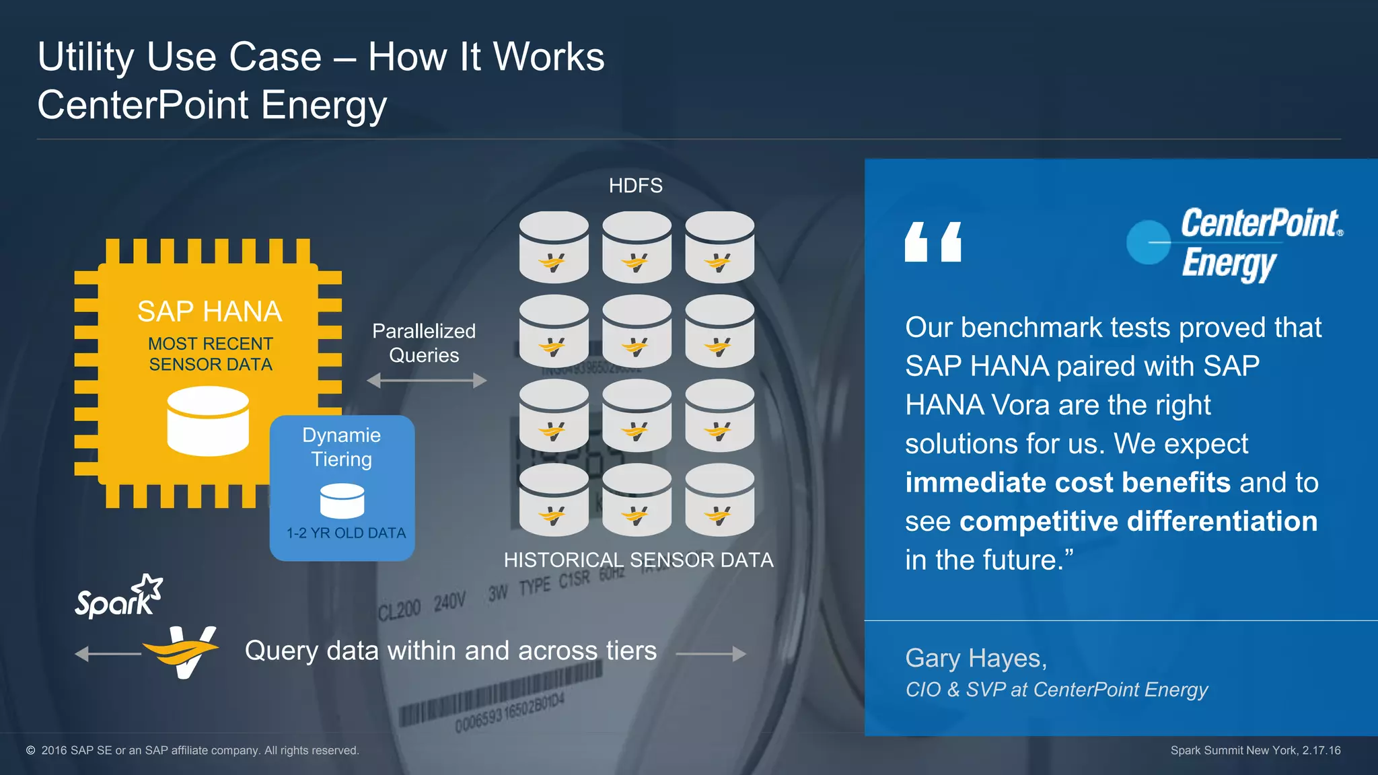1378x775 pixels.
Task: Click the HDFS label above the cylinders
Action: pyautogui.click(x=635, y=186)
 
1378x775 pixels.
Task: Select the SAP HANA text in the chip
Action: pyautogui.click(x=209, y=311)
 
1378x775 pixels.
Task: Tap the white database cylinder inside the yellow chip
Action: pyautogui.click(x=208, y=421)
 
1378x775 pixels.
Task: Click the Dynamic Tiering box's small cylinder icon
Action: pyautogui.click(x=342, y=501)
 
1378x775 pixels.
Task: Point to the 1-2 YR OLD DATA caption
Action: pyautogui.click(x=346, y=533)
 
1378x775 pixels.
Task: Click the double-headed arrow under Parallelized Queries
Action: pyautogui.click(x=427, y=381)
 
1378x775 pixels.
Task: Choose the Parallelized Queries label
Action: pyautogui.click(x=424, y=343)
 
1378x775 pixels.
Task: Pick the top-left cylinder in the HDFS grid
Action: pyautogui.click(x=554, y=247)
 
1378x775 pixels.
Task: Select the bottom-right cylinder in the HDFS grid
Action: pyautogui.click(x=719, y=499)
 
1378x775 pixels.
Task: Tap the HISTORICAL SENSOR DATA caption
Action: pyautogui.click(x=638, y=560)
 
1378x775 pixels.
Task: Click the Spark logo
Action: pyautogui.click(x=118, y=597)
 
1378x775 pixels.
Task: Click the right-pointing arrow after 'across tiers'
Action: pyautogui.click(x=711, y=653)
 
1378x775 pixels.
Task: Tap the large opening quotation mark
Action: pyautogui.click(x=933, y=242)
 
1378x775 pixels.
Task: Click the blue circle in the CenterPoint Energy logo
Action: pyautogui.click(x=1148, y=242)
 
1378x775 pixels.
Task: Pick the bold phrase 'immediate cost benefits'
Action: pyautogui.click(x=1067, y=482)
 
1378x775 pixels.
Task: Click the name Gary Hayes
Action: pyautogui.click(x=976, y=658)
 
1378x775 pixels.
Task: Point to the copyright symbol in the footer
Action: pyautogui.click(x=30, y=750)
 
